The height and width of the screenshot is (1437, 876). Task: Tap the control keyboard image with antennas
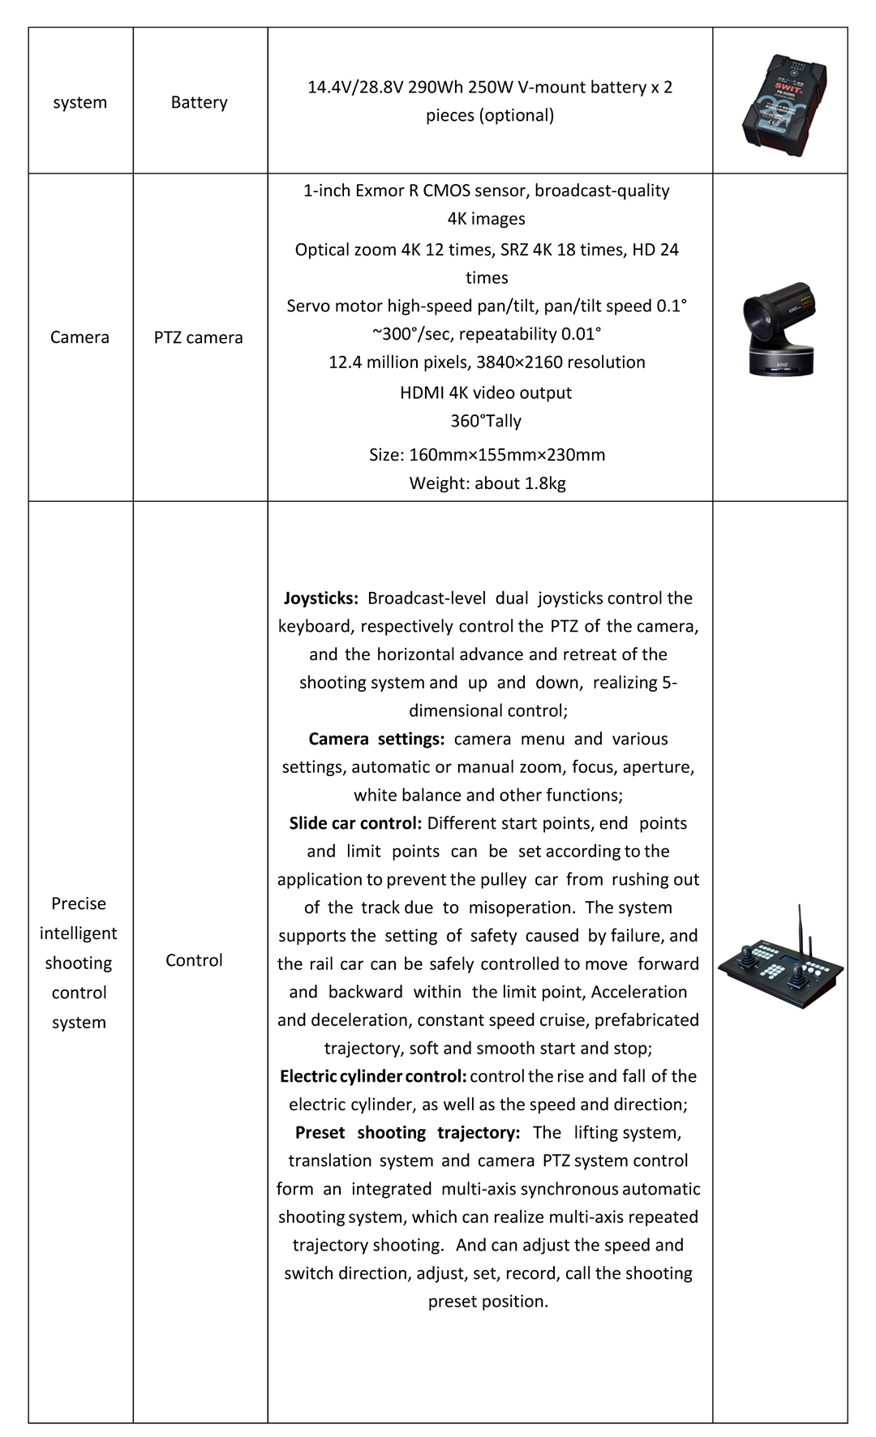pos(780,961)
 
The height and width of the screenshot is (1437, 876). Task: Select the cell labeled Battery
pos(199,102)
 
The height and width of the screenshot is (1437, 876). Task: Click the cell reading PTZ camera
pos(199,337)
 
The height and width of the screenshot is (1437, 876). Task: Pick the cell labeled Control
pos(194,960)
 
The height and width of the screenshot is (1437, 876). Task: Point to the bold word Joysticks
pos(320,598)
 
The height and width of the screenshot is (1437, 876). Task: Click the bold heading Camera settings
pos(376,739)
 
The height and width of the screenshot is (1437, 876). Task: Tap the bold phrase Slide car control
pos(355,823)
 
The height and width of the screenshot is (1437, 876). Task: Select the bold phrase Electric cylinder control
pos(373,1076)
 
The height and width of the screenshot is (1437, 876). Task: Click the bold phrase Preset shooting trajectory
pos(407,1132)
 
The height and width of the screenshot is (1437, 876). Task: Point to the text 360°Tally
pos(486,421)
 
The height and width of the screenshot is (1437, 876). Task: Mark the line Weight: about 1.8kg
pos(487,483)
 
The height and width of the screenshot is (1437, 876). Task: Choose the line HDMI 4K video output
pos(486,392)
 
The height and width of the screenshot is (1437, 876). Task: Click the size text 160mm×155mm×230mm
pos(507,455)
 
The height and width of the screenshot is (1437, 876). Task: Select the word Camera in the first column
pos(79,337)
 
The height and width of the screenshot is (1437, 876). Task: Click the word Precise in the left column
pos(79,903)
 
